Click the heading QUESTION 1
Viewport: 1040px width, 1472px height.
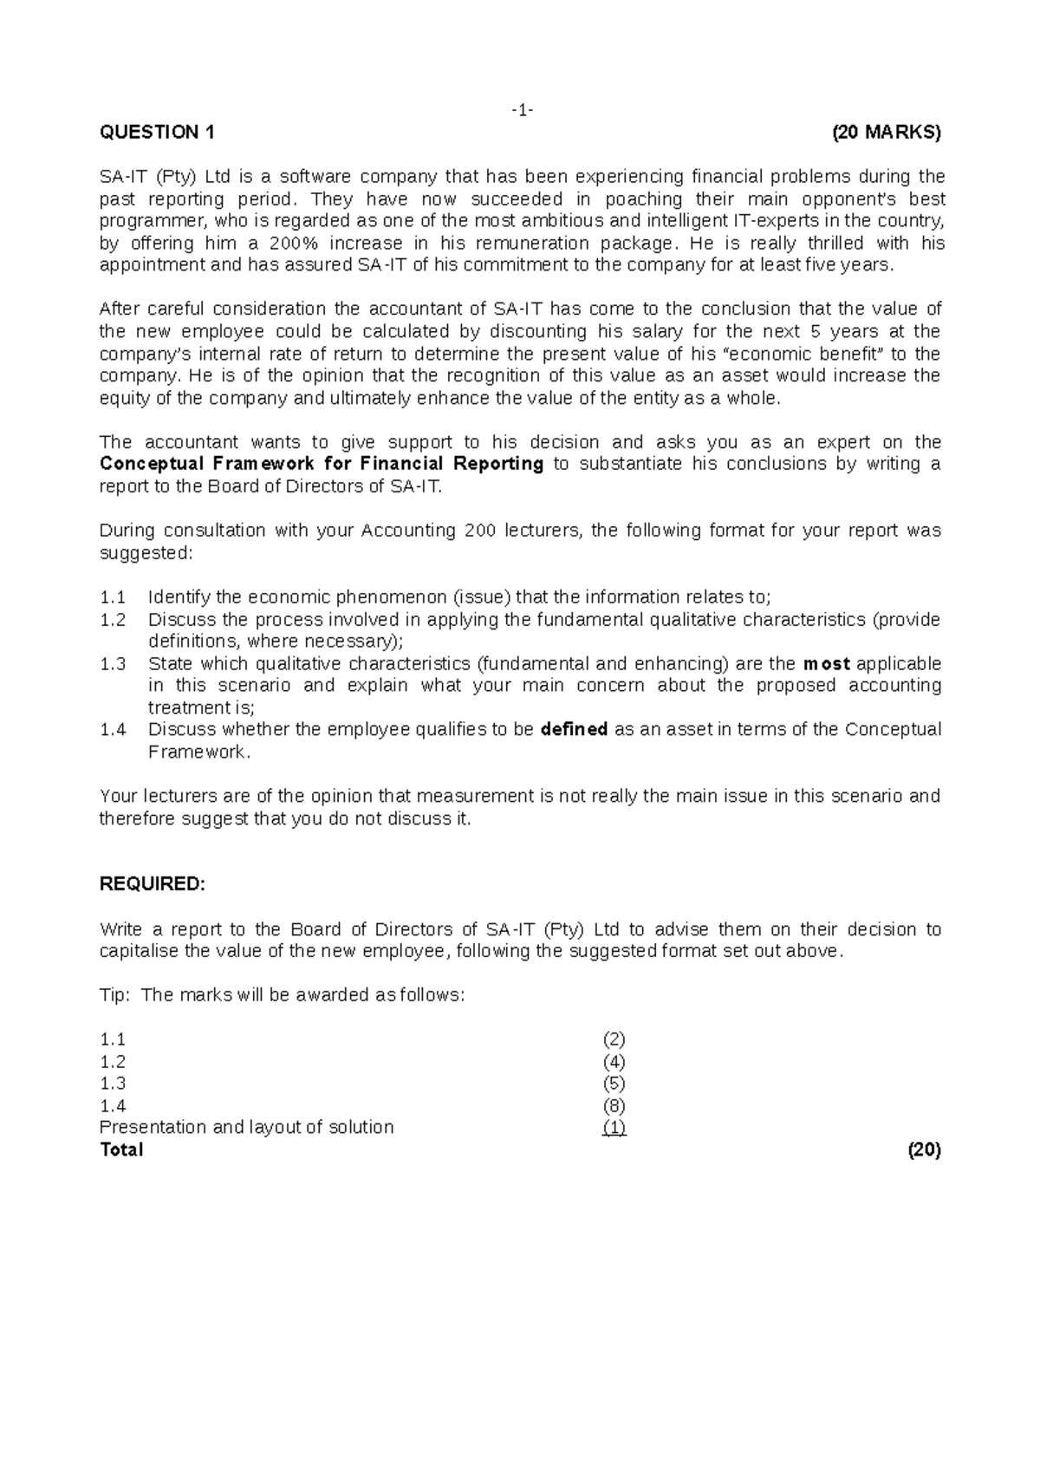pos(157,133)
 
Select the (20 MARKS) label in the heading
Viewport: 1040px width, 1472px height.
pos(886,133)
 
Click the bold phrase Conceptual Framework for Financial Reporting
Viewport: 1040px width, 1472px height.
pos(322,464)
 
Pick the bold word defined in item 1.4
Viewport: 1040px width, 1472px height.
pos(574,730)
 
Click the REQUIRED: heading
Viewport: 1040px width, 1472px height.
pos(153,884)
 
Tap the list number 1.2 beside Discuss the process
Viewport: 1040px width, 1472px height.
pos(113,620)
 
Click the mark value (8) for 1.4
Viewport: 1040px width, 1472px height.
pos(614,1105)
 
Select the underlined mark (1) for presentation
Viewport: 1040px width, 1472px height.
pos(614,1128)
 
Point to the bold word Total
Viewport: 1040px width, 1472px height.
pos(121,1150)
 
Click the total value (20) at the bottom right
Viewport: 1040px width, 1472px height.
pos(924,1150)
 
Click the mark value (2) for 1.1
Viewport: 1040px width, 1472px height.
pos(614,1039)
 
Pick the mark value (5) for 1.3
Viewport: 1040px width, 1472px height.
pos(614,1084)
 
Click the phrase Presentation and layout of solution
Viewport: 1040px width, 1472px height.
pos(247,1128)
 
